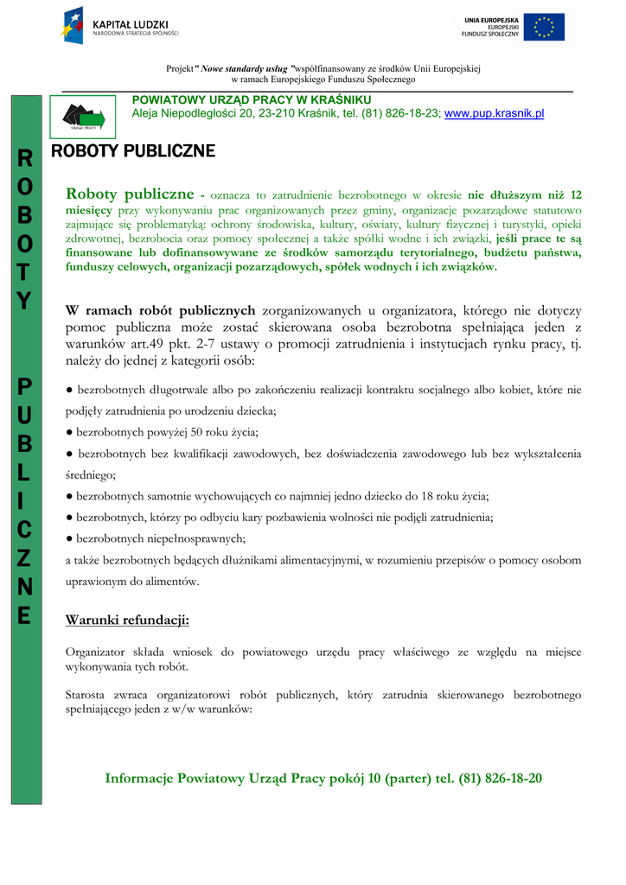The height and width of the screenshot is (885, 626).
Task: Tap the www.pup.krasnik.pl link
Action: [494, 114]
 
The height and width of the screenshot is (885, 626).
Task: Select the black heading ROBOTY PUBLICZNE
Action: [133, 152]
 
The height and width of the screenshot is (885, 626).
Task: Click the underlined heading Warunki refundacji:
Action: [127, 620]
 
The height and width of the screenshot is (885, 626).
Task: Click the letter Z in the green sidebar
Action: [25, 558]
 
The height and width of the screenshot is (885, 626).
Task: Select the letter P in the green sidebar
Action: [25, 386]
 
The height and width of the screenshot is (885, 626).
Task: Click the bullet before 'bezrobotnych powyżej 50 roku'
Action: [69, 431]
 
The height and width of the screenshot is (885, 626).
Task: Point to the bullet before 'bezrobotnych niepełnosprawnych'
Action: [69, 538]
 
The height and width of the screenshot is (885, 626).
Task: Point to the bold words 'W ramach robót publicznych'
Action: [161, 310]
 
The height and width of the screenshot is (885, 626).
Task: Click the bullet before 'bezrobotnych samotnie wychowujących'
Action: [69, 496]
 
